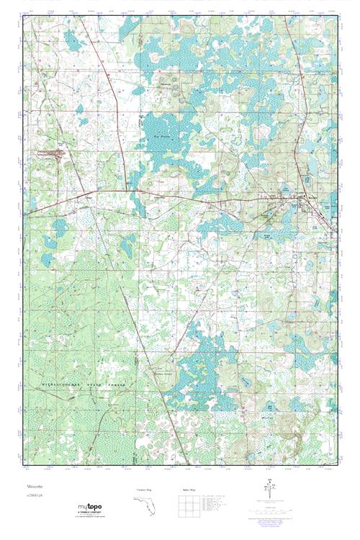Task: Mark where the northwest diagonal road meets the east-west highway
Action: pos(130,192)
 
